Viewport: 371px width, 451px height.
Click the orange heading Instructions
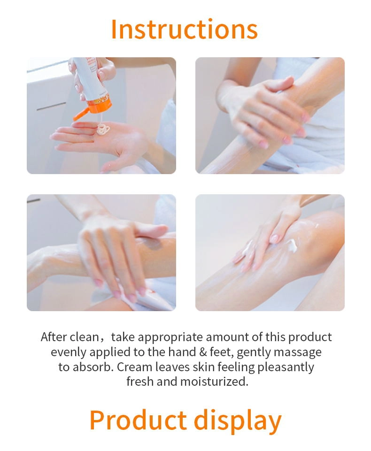tap(184, 29)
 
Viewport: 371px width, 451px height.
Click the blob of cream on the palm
tap(103, 129)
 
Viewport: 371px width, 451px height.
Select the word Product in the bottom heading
tap(138, 420)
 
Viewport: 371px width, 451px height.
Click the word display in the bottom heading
tap(238, 421)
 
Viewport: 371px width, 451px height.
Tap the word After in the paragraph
tap(54, 337)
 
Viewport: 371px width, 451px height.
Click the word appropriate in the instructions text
tap(170, 338)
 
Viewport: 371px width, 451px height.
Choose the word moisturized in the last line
tap(214, 382)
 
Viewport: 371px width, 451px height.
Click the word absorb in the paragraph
tap(92, 367)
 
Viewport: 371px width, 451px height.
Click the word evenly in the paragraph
tap(69, 352)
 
